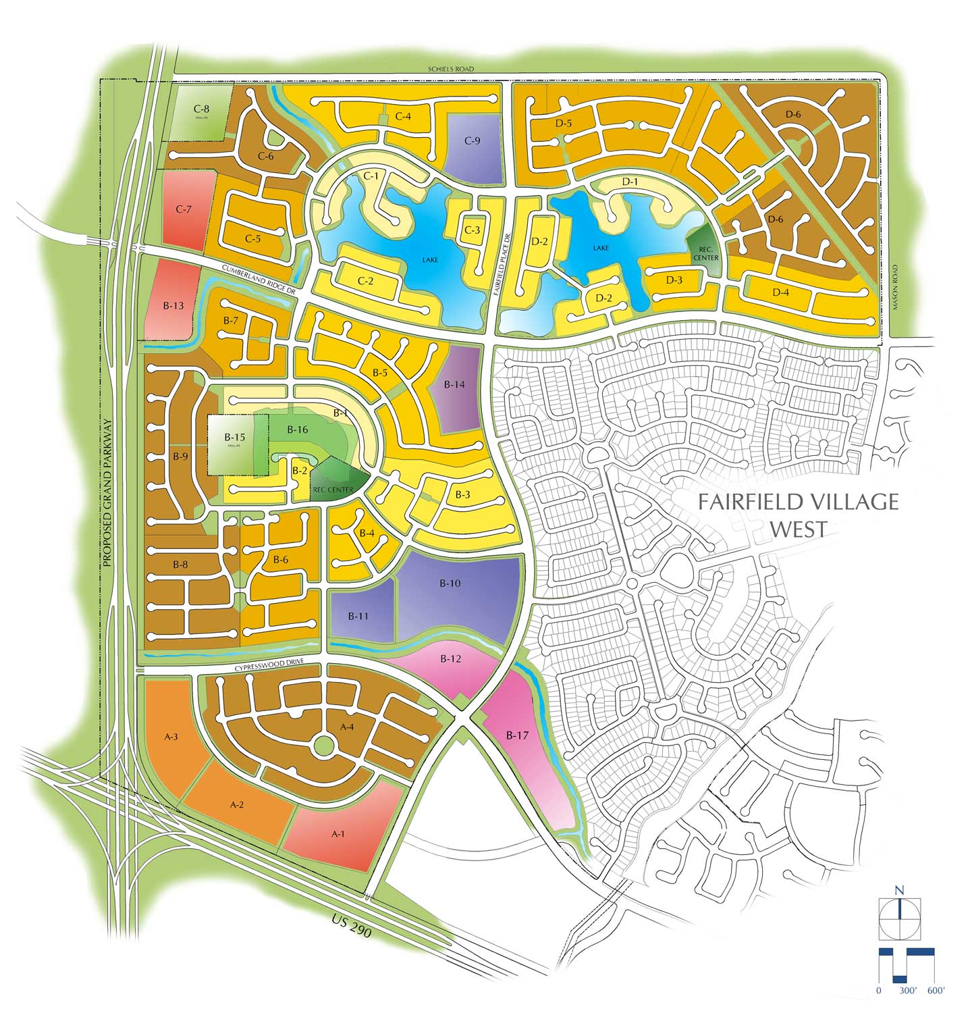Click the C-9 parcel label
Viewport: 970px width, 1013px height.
pyautogui.click(x=473, y=141)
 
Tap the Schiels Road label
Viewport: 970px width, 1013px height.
pyautogui.click(x=452, y=69)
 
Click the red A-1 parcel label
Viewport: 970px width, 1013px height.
pyautogui.click(x=338, y=834)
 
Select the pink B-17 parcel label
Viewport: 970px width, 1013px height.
pyautogui.click(x=517, y=735)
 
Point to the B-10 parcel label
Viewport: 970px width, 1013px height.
pyautogui.click(x=450, y=583)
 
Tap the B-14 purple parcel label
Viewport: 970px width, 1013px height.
pyautogui.click(x=454, y=384)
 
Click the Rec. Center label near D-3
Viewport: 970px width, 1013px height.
pyautogui.click(x=706, y=253)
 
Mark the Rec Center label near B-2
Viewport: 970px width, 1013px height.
pyautogui.click(x=333, y=490)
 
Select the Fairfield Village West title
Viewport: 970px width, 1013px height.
pyautogui.click(x=799, y=515)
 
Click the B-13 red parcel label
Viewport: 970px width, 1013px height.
pyautogui.click(x=173, y=306)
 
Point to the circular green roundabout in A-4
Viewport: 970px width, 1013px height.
pyautogui.click(x=324, y=746)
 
